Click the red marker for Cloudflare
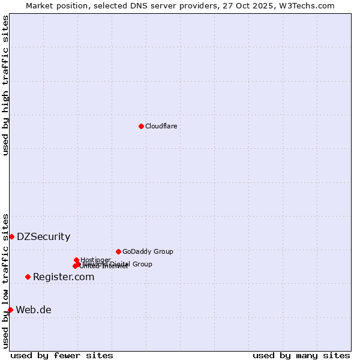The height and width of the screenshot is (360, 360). tap(141, 126)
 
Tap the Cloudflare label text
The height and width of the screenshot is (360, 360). tap(161, 126)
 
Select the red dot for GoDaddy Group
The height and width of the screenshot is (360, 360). tap(118, 251)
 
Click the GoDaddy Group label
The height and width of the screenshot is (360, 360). tap(148, 251)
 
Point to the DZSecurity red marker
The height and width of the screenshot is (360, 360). tap(11, 236)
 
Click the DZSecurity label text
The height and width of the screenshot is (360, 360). tap(43, 237)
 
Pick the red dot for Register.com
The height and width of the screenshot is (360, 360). tap(28, 277)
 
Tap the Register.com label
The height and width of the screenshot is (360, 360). tap(64, 277)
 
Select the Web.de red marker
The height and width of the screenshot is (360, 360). tap(10, 310)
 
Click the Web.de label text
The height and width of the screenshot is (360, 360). tap(34, 310)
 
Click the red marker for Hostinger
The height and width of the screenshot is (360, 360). tap(76, 260)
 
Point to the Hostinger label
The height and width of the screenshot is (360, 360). tap(96, 259)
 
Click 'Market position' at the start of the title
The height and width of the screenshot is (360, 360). tap(53, 5)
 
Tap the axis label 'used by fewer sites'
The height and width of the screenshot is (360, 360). tap(62, 356)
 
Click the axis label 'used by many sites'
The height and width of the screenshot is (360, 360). tap(301, 356)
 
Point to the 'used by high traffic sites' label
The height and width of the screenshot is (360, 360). tap(5, 85)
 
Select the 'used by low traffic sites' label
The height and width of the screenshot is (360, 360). tap(5, 281)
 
